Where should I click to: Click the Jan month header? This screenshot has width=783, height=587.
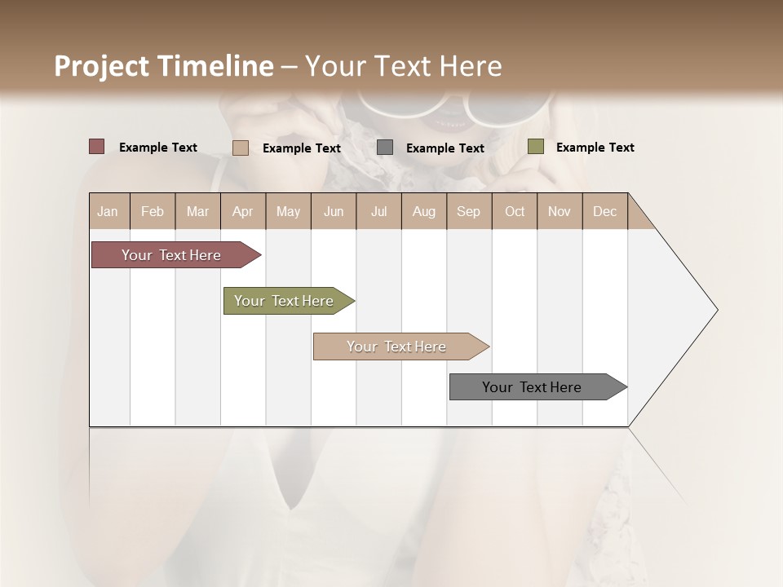click(x=108, y=211)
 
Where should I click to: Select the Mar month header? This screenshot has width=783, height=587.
click(x=197, y=211)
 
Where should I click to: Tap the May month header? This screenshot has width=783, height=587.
click(x=288, y=211)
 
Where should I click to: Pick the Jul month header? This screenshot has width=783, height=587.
click(x=378, y=211)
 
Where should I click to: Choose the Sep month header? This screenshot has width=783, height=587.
click(x=468, y=211)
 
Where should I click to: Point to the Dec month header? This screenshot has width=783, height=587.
click(x=604, y=211)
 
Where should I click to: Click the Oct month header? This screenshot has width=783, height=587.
click(x=515, y=211)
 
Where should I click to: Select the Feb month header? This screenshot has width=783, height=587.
click(x=153, y=211)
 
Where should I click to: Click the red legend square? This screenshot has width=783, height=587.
click(x=97, y=147)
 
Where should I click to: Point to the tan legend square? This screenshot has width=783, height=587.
click(x=241, y=148)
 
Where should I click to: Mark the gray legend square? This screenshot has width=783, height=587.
click(x=385, y=148)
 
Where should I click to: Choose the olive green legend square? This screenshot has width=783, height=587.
click(x=536, y=147)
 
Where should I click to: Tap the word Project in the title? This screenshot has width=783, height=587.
click(x=100, y=66)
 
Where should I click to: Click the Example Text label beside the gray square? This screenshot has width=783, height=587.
click(x=445, y=148)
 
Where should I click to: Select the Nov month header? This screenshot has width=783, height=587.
click(x=560, y=211)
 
